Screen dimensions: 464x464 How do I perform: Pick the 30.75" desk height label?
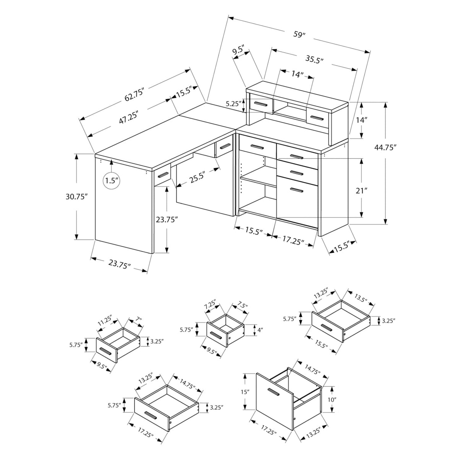(x=76, y=196)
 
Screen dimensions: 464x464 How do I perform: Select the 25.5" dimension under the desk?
(x=196, y=177)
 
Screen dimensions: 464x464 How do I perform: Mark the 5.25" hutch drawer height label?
(x=233, y=103)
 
